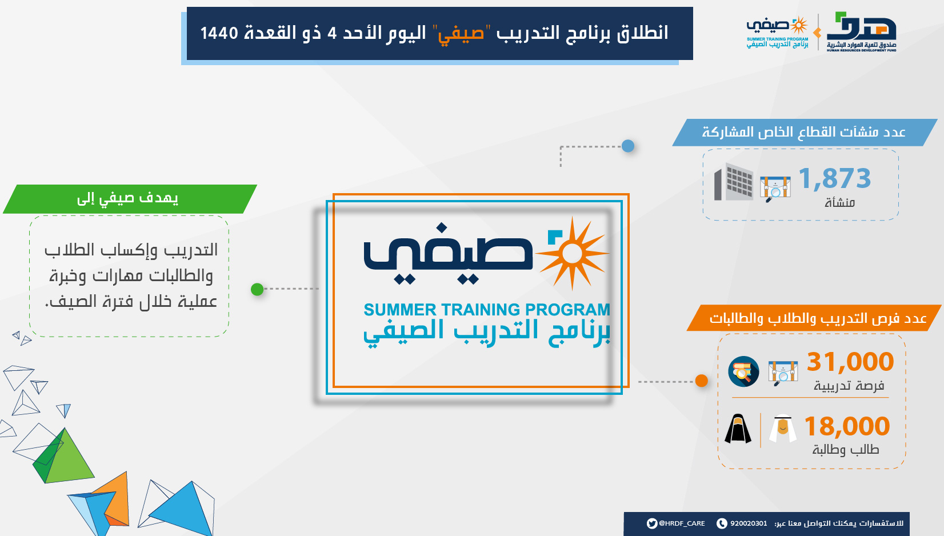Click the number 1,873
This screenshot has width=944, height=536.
point(834,178)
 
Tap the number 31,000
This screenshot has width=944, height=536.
point(850,362)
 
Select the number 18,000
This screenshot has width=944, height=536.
point(847,426)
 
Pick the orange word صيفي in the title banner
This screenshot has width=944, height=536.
point(461,33)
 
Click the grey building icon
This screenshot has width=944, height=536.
point(734,182)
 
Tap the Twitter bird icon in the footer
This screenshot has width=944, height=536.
point(652,523)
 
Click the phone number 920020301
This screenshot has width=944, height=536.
point(749,523)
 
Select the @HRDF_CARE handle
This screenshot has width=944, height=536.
point(682,523)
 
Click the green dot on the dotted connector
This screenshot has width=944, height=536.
point(257,289)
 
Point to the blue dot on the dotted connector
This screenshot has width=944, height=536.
point(628,146)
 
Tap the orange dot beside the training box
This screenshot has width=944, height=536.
point(701,381)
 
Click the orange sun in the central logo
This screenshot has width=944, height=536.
point(572,253)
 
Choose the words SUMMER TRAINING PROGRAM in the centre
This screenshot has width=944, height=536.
point(487,310)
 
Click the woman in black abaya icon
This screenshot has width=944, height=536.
point(738,429)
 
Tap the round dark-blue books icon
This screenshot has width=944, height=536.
point(743,371)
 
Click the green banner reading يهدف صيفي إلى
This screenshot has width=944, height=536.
point(130,199)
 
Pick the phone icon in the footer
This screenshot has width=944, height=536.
point(722,523)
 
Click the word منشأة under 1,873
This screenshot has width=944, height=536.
point(839,203)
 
